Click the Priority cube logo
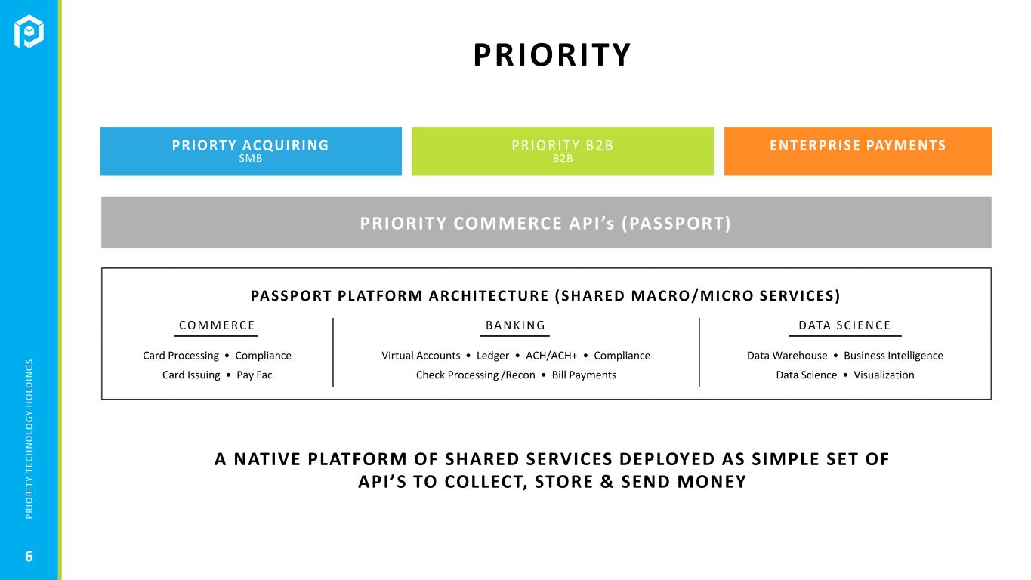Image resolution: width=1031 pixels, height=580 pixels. (x=29, y=31)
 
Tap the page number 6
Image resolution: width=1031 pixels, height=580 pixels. (x=29, y=557)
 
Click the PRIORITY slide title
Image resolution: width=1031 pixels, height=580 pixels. (x=552, y=55)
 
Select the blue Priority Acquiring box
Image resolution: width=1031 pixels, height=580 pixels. (x=251, y=151)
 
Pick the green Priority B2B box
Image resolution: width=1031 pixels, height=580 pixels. (x=563, y=151)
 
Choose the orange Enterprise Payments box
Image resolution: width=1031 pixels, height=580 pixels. (x=858, y=151)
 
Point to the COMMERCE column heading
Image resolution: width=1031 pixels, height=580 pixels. (x=217, y=325)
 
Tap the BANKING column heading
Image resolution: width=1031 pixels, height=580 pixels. (x=515, y=325)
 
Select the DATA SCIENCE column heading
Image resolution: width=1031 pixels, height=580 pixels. (x=845, y=325)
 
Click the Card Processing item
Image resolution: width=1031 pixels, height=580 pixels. (x=181, y=356)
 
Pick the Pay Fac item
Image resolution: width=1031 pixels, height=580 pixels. (x=255, y=375)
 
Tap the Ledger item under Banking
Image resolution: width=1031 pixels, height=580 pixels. (x=493, y=356)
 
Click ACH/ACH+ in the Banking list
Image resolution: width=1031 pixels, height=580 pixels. (x=551, y=356)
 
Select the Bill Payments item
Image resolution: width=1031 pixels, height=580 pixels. (x=584, y=375)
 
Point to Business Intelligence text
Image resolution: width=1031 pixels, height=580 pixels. (x=894, y=356)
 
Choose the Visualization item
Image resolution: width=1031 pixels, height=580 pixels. (x=884, y=375)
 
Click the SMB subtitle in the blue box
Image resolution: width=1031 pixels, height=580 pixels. (x=251, y=159)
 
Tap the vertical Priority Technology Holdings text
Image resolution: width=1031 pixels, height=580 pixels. (x=29, y=439)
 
